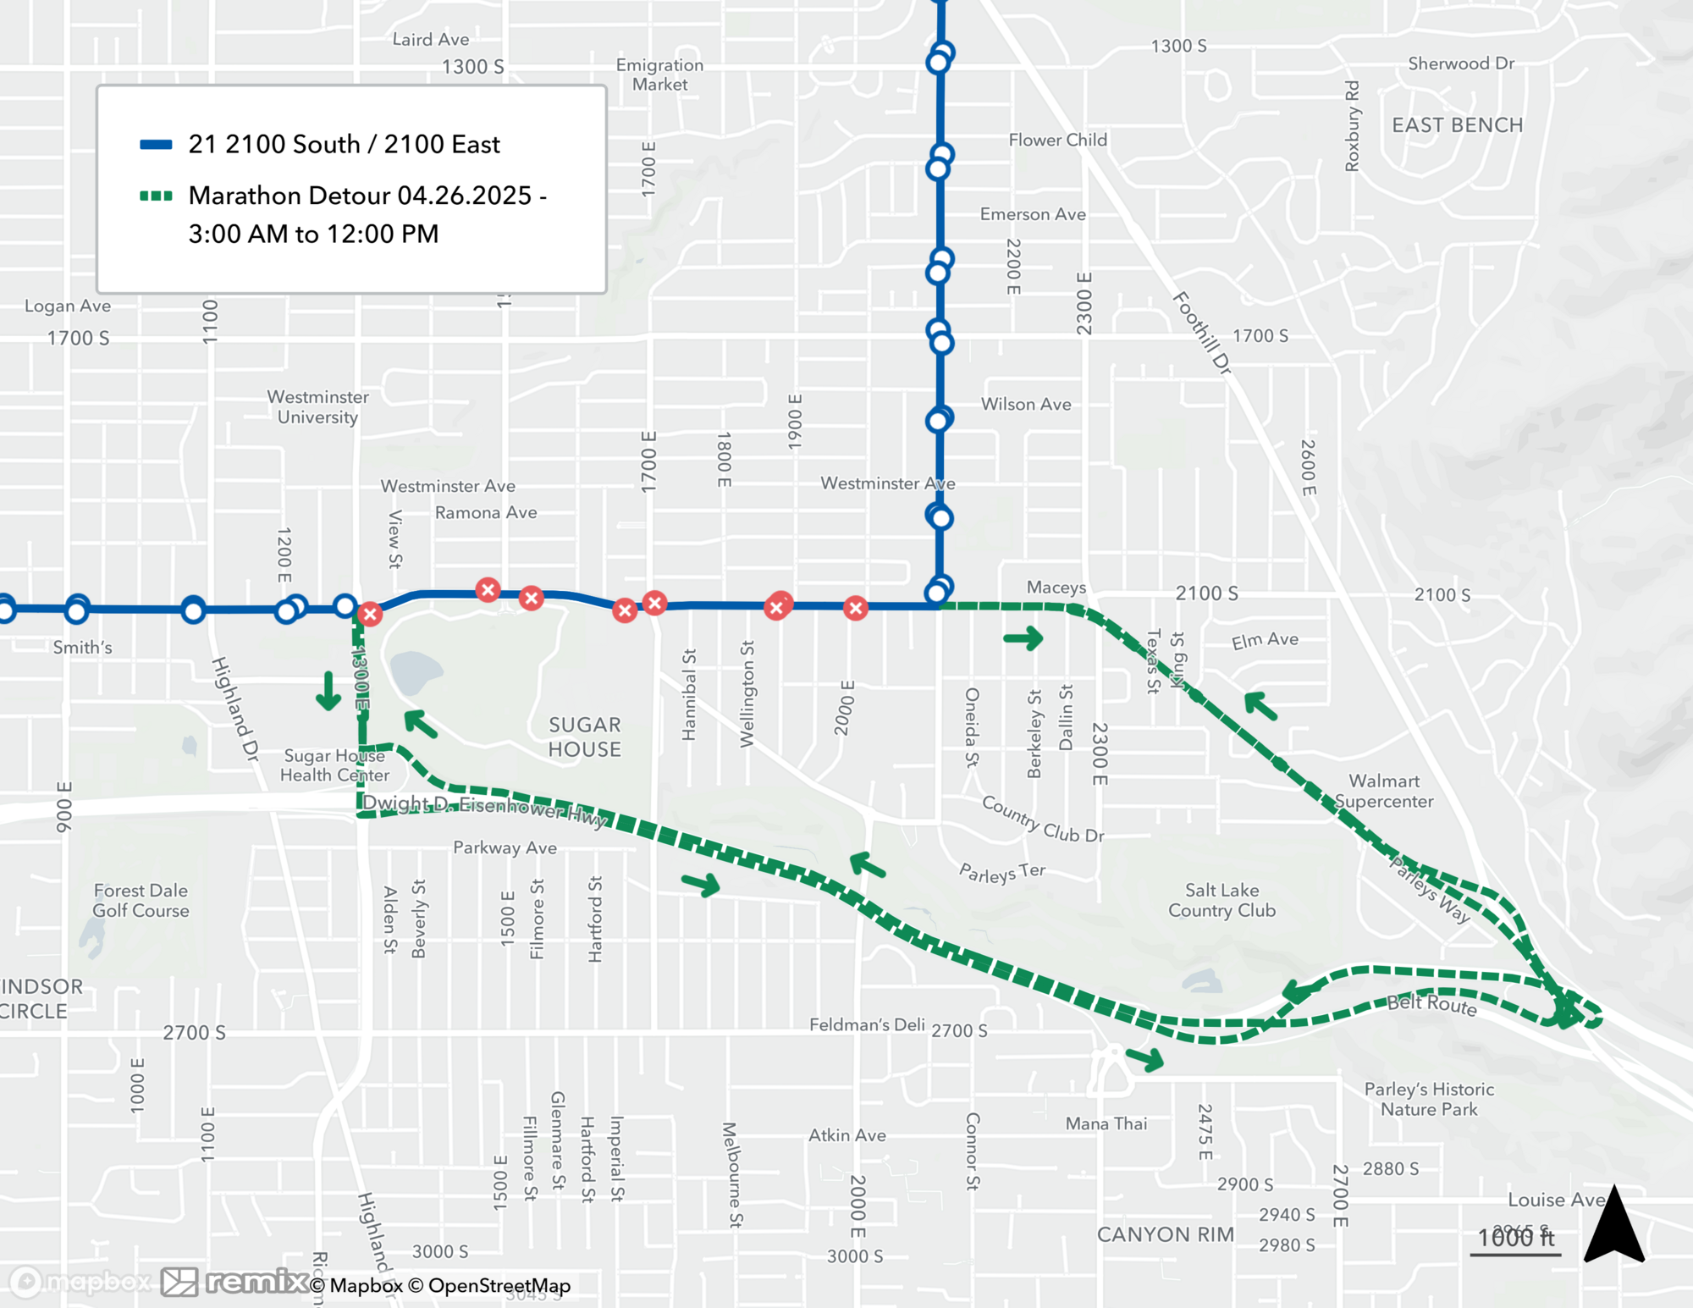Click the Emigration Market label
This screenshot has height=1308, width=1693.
pos(659,75)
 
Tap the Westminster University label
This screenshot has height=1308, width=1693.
pos(317,407)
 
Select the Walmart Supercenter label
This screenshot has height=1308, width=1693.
pos(1384,791)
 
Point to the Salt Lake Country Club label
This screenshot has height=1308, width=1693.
pos(1221,900)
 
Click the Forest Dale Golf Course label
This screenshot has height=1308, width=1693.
pos(141,900)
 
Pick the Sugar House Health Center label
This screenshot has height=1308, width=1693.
pos(334,765)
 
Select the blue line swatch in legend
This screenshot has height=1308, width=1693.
pos(156,145)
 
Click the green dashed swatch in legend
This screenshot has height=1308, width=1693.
pos(156,196)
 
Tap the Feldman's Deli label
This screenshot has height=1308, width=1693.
pos(866,1024)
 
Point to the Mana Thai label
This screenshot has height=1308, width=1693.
pos(1106,1123)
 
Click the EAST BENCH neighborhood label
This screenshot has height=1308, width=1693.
pos(1457,125)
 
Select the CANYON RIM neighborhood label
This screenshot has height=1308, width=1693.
pos(1165,1234)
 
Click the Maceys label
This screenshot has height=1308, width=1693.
pos(1056,588)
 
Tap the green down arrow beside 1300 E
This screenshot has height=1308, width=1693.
pos(328,691)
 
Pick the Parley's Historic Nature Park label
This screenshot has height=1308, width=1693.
pos(1429,1099)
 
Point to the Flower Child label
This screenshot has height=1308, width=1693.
pos(1057,140)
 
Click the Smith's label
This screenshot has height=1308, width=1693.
pos(82,648)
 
